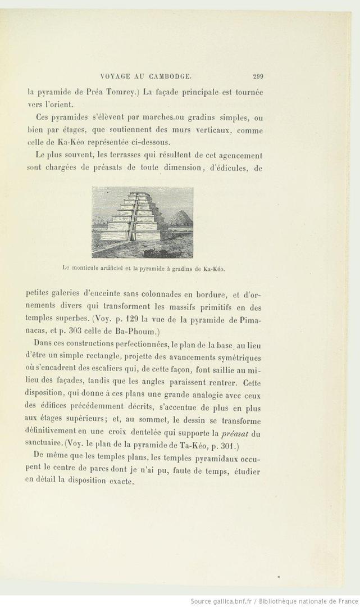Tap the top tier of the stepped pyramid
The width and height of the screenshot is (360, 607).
(x=135, y=196)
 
